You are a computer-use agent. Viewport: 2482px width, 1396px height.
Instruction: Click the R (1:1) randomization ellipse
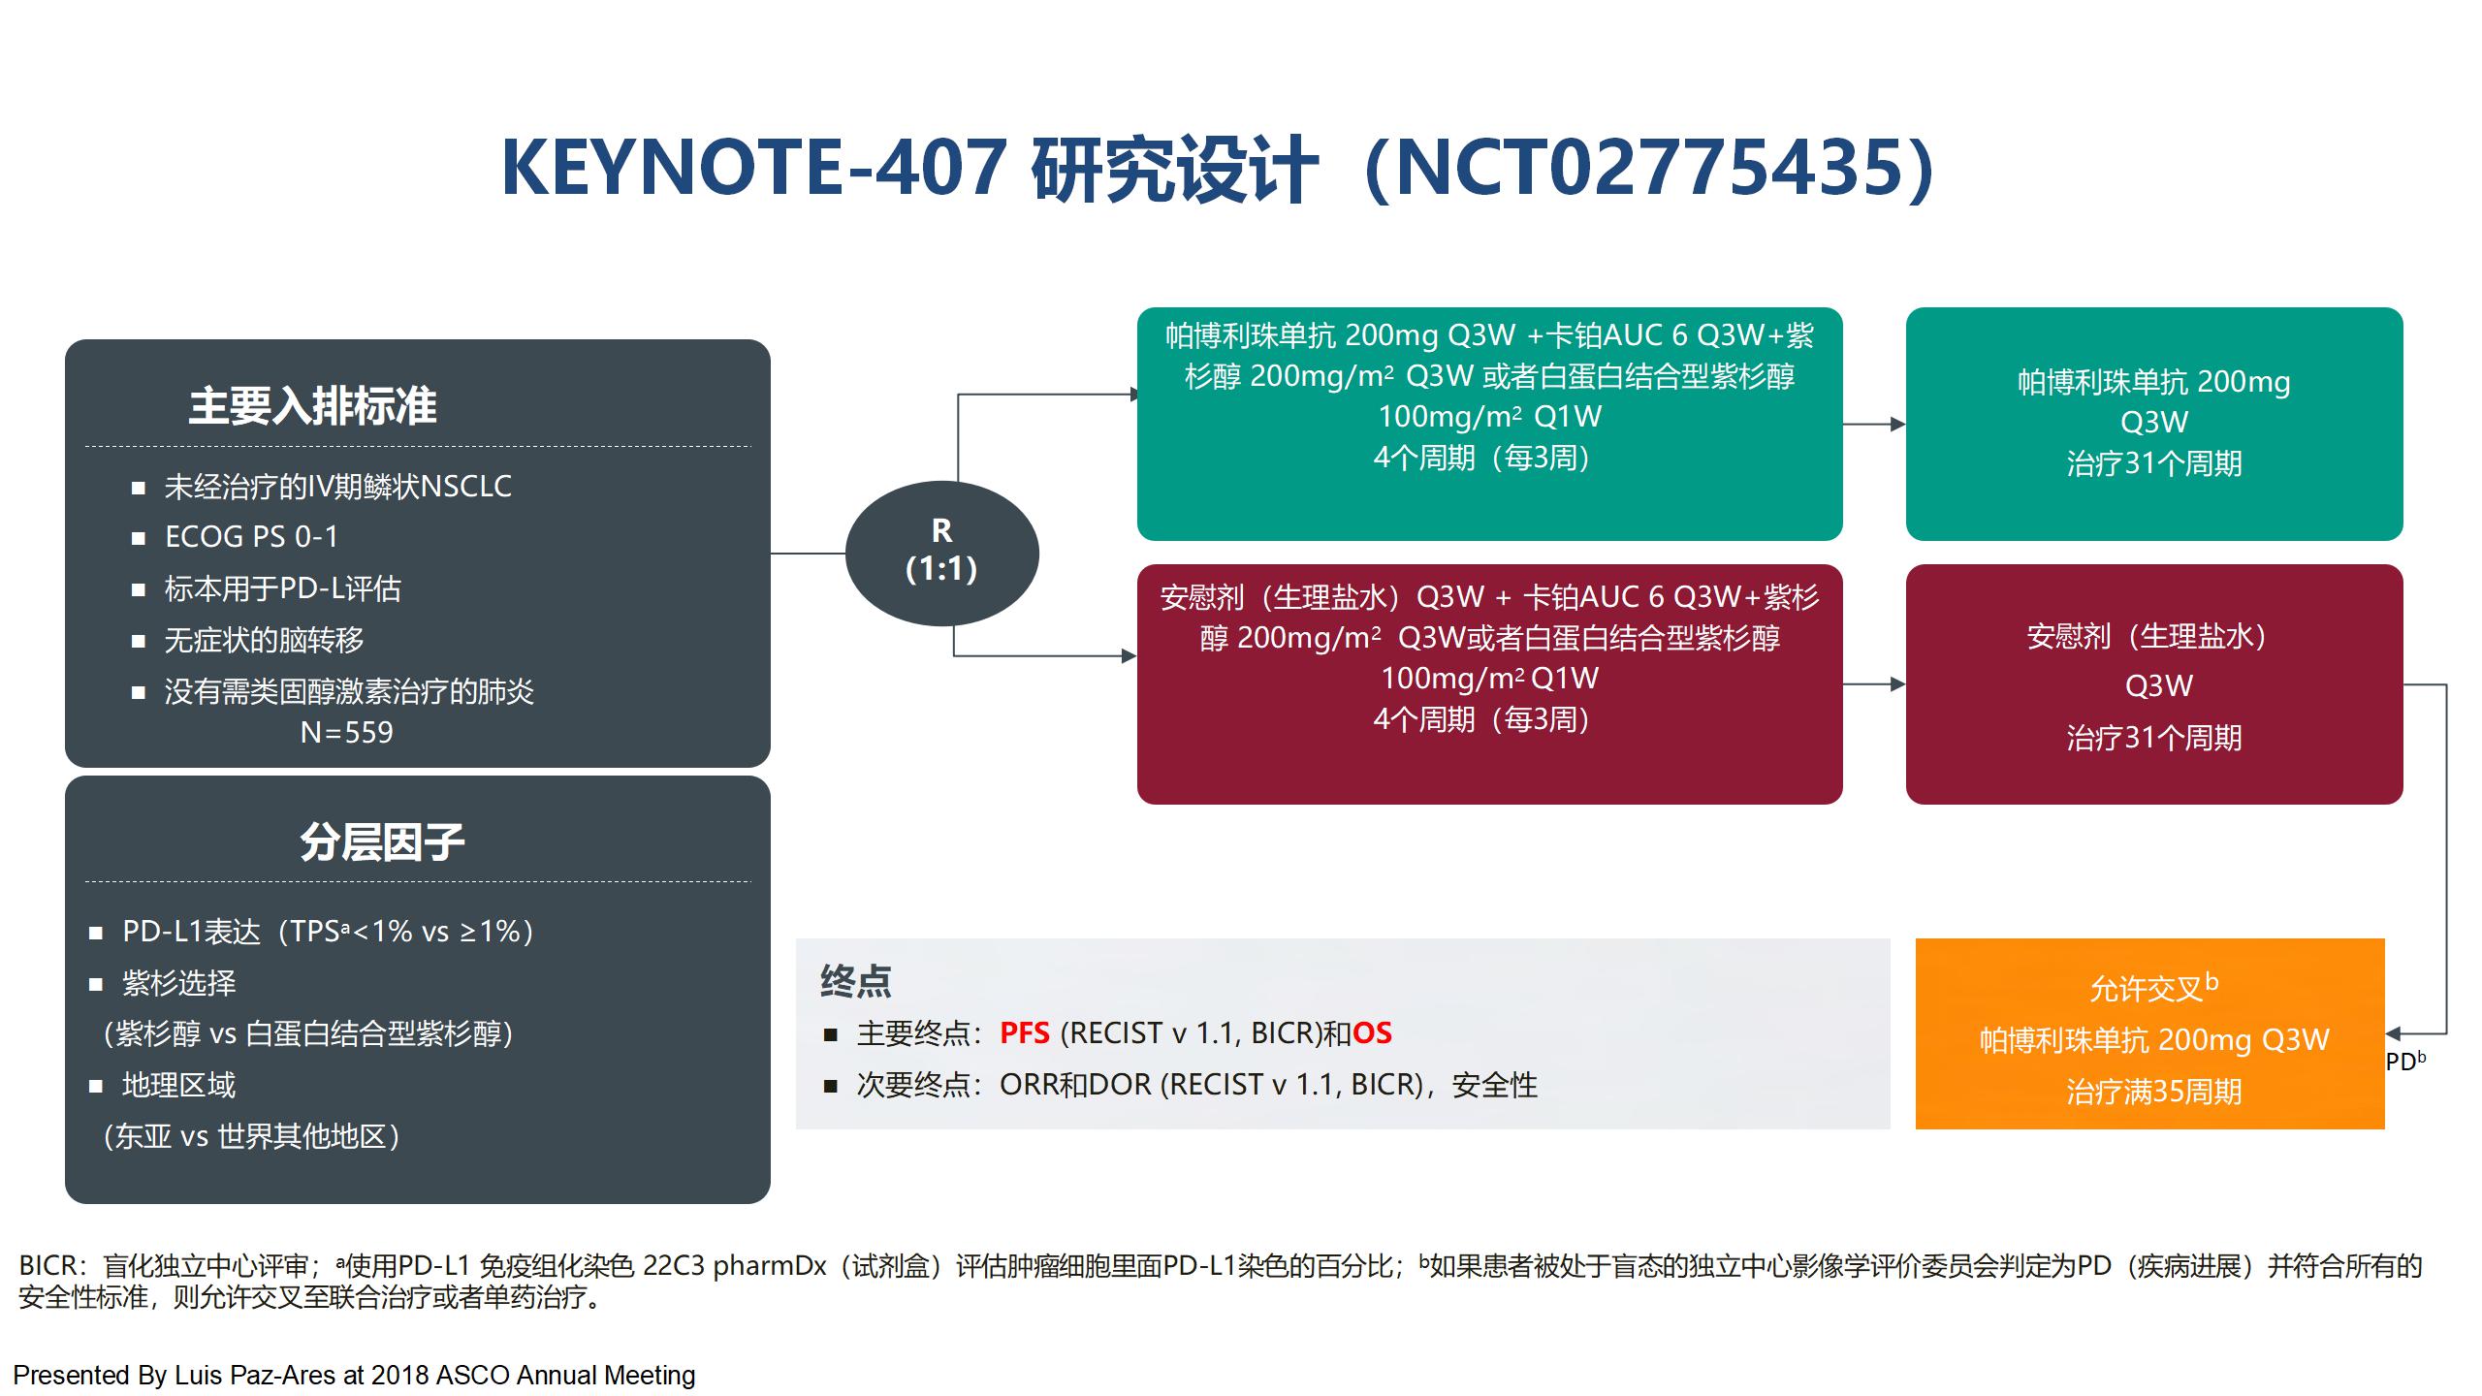[941, 553]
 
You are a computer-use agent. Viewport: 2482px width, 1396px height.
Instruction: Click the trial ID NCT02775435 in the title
[1647, 168]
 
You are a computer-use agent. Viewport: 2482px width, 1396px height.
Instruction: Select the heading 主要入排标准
[312, 405]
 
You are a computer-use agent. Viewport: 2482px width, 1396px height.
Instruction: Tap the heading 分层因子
[382, 841]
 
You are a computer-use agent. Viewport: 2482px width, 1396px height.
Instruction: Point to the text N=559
[346, 732]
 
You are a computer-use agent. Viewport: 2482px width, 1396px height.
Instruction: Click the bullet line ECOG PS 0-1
[251, 536]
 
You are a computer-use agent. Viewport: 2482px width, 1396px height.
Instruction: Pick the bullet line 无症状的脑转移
[265, 640]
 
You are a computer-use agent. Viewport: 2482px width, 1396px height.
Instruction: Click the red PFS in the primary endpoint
[1025, 1032]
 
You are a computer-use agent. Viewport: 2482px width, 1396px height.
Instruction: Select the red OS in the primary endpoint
[1372, 1032]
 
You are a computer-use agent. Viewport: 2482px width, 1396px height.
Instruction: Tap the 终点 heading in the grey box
[855, 981]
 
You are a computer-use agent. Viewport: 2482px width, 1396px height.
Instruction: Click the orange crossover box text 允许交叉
[2146, 989]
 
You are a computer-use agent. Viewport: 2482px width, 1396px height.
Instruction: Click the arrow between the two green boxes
[1874, 424]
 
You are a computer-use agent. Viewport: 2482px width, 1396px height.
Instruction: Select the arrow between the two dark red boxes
[1874, 684]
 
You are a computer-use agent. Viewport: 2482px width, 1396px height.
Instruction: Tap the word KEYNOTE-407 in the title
[752, 168]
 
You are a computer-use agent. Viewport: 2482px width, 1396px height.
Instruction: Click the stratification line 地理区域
[178, 1085]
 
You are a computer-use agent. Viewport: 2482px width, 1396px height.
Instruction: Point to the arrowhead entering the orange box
[2393, 1034]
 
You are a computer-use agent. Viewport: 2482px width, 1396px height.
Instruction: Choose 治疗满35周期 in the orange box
[2153, 1092]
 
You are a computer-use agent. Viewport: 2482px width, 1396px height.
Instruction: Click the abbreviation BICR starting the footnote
[48, 1266]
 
